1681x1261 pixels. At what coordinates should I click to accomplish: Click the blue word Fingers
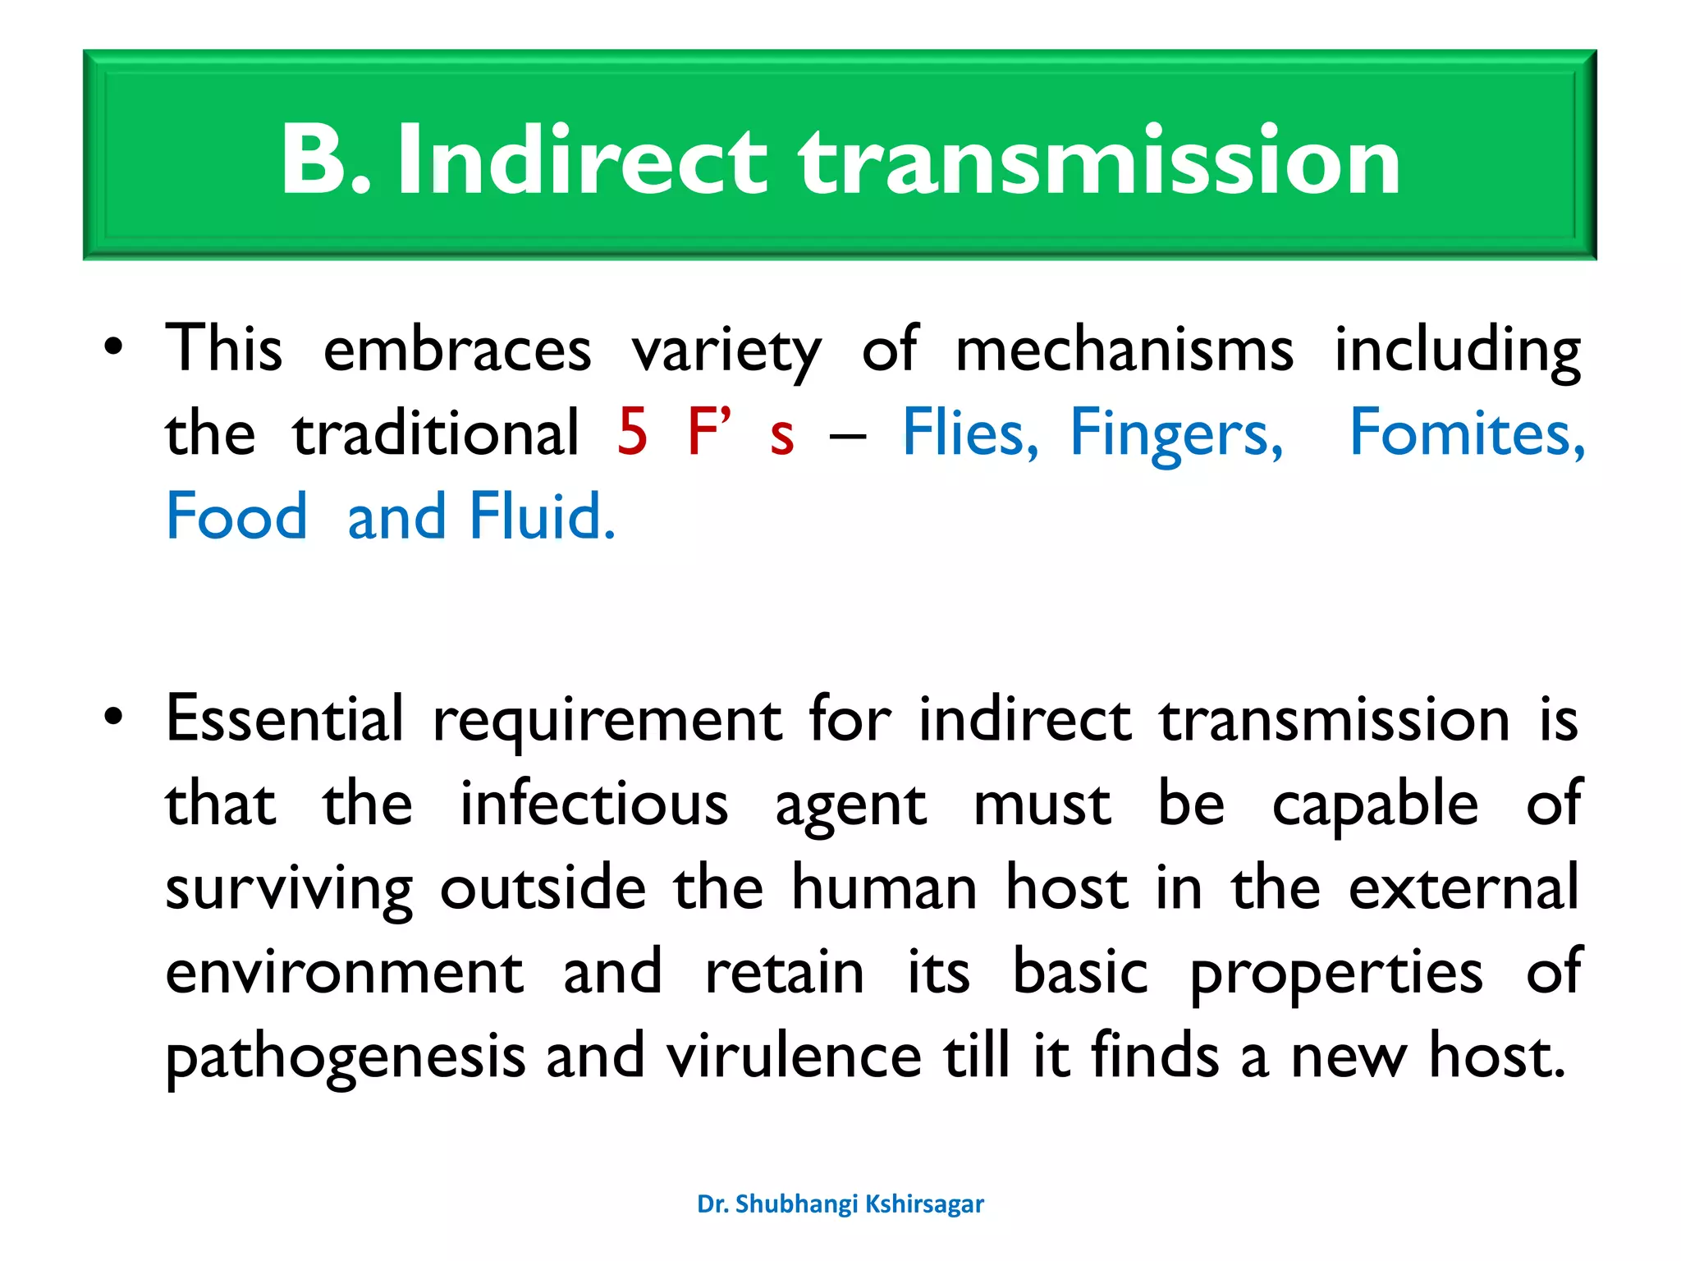(x=1176, y=434)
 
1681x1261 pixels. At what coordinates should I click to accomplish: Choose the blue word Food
(x=236, y=516)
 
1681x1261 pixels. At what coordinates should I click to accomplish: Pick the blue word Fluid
(x=542, y=516)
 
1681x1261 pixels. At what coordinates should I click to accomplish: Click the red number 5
(x=632, y=433)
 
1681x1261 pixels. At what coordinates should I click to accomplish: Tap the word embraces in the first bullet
(x=457, y=350)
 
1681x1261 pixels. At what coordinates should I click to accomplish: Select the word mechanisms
(x=1124, y=350)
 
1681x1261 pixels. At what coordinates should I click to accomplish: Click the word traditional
(x=436, y=433)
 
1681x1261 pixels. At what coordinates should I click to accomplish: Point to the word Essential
(x=285, y=719)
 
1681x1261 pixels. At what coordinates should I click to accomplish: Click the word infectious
(x=593, y=804)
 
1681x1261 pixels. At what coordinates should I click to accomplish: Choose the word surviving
(x=289, y=890)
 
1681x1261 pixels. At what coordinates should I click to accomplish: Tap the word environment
(x=344, y=972)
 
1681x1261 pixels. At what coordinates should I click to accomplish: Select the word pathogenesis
(x=346, y=1057)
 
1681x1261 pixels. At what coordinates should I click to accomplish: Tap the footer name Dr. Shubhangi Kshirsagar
(x=840, y=1204)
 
